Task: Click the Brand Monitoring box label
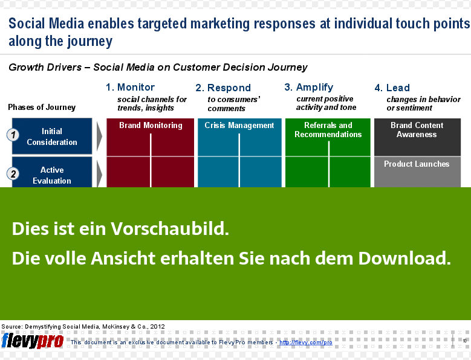(151, 125)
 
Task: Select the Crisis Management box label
(239, 125)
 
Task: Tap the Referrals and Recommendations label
(328, 130)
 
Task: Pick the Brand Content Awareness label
(417, 130)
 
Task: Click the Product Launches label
(417, 164)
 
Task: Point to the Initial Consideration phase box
(52, 136)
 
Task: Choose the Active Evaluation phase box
(52, 172)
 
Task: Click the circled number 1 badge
(13, 135)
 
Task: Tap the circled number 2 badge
(13, 174)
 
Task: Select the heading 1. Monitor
(130, 87)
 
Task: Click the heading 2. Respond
(223, 88)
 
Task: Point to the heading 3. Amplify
(309, 88)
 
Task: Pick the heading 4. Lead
(392, 88)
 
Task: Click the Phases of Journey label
(42, 107)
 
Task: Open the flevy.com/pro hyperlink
(306, 342)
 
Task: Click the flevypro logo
(33, 341)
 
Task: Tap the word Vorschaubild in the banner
(170, 228)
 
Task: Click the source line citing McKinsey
(83, 326)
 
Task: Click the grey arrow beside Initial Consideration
(99, 136)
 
